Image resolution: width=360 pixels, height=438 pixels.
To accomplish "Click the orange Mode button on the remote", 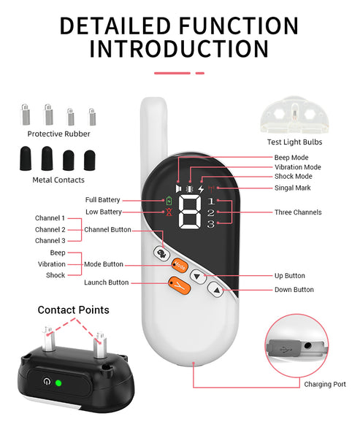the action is point(179,266).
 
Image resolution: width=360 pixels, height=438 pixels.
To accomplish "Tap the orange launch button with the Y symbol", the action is point(179,285).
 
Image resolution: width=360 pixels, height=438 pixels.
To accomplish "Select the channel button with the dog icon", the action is point(161,253).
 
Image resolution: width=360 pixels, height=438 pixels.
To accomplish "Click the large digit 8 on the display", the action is point(190,212).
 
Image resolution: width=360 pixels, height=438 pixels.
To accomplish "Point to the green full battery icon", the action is point(169,201).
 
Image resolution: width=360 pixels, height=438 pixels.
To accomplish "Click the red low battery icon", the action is point(169,212).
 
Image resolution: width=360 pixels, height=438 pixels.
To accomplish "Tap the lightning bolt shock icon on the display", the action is point(201,189).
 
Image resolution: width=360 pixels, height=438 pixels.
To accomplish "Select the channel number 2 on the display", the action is point(211,213).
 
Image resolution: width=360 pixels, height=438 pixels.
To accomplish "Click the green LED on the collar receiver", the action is point(58,383).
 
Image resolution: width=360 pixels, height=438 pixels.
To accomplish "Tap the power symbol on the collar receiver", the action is point(47,381).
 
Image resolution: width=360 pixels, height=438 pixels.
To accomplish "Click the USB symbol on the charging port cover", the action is point(285,349).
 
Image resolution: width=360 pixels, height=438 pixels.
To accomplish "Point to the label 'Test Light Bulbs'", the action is point(294,142).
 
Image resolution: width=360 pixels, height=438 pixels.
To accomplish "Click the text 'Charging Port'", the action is point(325,385).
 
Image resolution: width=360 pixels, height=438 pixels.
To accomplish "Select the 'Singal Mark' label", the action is point(292,188).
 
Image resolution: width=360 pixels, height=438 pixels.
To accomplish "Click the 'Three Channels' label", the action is point(298,212).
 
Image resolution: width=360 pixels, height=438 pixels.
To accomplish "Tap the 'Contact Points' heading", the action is point(74,310).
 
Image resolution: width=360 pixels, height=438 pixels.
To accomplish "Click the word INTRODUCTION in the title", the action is point(179,49).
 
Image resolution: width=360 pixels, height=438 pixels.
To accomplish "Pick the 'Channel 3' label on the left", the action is point(50,240).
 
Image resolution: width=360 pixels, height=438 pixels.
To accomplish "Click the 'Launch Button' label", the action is point(107,283).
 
